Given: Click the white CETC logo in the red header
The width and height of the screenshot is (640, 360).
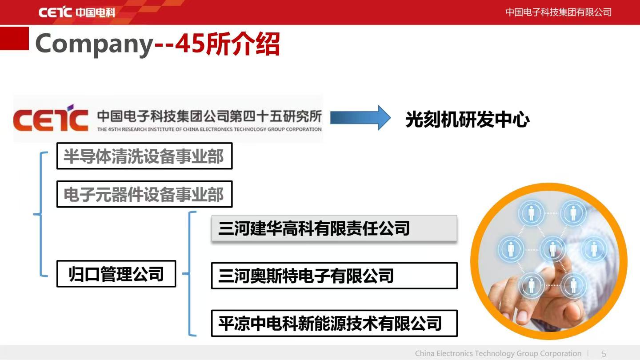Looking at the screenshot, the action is pyautogui.click(x=76, y=12).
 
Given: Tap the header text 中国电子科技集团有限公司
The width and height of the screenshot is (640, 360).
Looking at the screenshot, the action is pyautogui.click(x=558, y=12).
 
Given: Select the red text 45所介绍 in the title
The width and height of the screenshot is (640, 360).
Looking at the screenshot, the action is pyautogui.click(x=228, y=44).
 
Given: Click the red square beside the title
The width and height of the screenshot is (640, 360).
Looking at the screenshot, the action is pyautogui.click(x=14, y=38).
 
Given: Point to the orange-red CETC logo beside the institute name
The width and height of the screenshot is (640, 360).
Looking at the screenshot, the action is pyautogui.click(x=51, y=118).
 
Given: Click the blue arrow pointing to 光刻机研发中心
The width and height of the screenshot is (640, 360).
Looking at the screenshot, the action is pyautogui.click(x=360, y=118).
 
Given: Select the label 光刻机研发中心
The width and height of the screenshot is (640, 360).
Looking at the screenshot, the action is pyautogui.click(x=468, y=119).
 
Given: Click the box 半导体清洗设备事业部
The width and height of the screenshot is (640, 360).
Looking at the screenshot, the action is pyautogui.click(x=144, y=156).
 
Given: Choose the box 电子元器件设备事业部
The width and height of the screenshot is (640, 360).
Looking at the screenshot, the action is pyautogui.click(x=144, y=194).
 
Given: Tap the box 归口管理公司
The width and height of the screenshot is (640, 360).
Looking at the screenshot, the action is pyautogui.click(x=116, y=274).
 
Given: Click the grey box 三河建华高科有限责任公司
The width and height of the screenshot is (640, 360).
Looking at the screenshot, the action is pyautogui.click(x=334, y=228).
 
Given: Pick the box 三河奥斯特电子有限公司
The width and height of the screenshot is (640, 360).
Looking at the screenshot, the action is pyautogui.click(x=334, y=276).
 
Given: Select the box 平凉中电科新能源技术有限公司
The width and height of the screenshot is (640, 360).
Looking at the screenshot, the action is pyautogui.click(x=334, y=323).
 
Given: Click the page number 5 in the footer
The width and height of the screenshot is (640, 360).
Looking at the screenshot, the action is pyautogui.click(x=604, y=354).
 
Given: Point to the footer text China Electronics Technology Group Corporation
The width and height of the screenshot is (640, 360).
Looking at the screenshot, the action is pyautogui.click(x=498, y=353).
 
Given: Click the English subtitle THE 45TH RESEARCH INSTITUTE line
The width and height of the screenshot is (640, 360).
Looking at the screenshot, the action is pyautogui.click(x=209, y=129).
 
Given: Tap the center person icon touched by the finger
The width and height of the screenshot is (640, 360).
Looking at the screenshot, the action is pyautogui.click(x=552, y=249).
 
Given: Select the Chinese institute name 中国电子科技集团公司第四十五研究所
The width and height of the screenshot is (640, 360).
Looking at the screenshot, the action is pyautogui.click(x=209, y=116).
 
